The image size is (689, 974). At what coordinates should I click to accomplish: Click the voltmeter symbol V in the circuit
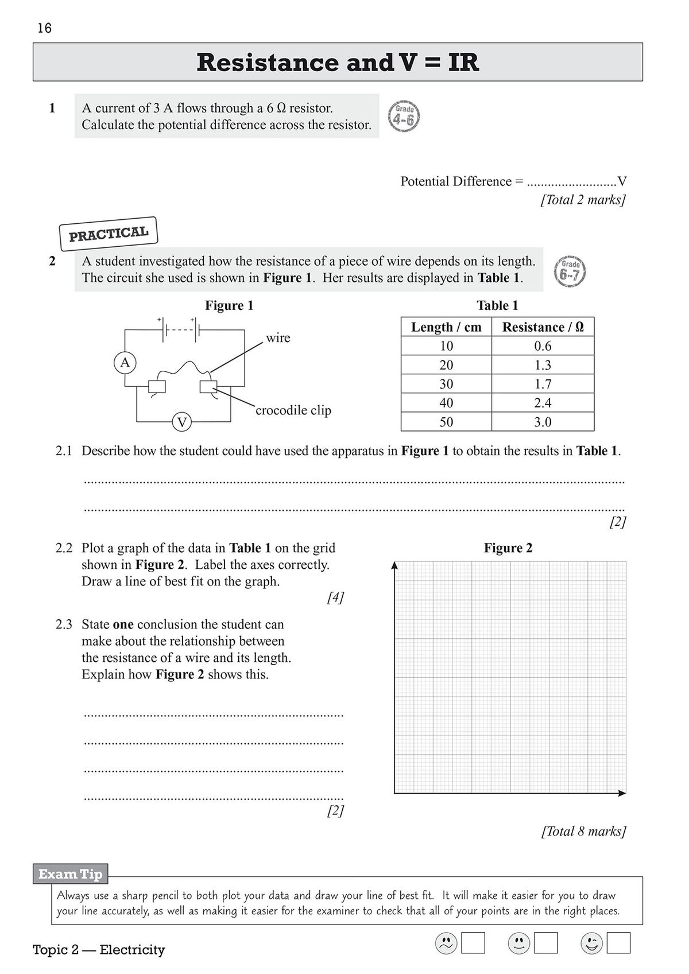pyautogui.click(x=182, y=423)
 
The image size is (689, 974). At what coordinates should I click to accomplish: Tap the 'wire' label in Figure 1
pyautogui.click(x=278, y=337)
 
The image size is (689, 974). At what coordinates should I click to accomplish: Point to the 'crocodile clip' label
pyautogui.click(x=293, y=410)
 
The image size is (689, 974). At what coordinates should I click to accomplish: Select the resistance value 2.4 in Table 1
pyautogui.click(x=543, y=403)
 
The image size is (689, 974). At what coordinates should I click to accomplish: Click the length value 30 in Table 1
pyautogui.click(x=446, y=384)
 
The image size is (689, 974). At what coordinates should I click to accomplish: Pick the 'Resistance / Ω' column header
pyautogui.click(x=543, y=327)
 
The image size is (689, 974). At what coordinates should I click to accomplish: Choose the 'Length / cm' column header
pyautogui.click(x=446, y=327)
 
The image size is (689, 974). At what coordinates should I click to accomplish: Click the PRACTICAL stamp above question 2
pyautogui.click(x=109, y=234)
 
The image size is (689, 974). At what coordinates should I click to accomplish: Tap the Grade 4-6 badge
pyautogui.click(x=404, y=116)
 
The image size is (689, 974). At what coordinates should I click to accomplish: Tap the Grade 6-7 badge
pyautogui.click(x=570, y=271)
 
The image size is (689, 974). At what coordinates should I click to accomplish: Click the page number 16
pyautogui.click(x=44, y=28)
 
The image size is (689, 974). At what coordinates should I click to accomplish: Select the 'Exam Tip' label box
pyautogui.click(x=71, y=874)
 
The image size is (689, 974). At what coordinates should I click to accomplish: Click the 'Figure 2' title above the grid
pyautogui.click(x=508, y=548)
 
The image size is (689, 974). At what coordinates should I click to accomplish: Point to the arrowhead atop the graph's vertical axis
pyautogui.click(x=394, y=565)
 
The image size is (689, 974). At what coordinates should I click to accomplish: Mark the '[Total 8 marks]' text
pyautogui.click(x=583, y=831)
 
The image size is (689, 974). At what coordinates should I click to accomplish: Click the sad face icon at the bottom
pyautogui.click(x=446, y=943)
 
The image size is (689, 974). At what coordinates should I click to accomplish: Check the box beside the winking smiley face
pyautogui.click(x=618, y=943)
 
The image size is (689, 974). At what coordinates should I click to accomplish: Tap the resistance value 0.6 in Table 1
pyautogui.click(x=543, y=346)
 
